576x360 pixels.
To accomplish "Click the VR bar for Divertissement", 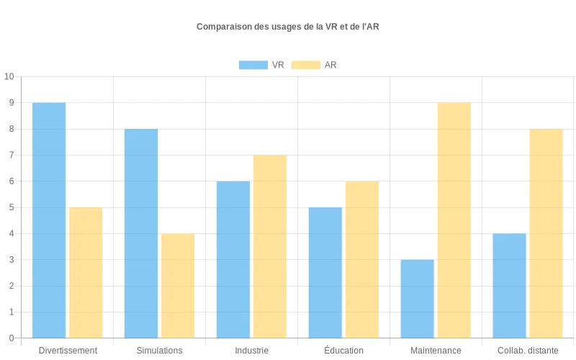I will point(49,220).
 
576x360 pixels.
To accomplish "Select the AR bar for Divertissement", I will point(86,273).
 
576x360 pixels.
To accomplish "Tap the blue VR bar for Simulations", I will point(141,233).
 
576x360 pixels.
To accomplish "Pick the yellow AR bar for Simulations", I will point(178,286).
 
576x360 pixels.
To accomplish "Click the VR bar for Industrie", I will point(233,259).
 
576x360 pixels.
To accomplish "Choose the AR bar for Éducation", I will point(362,259).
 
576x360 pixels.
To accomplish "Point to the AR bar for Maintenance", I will point(454,220).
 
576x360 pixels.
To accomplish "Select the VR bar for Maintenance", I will point(418,299).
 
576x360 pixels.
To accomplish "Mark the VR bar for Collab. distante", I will point(510,286).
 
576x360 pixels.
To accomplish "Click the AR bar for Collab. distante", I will point(546,233).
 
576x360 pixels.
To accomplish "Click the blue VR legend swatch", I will point(253,65).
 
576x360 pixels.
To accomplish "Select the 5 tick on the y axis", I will point(11,207).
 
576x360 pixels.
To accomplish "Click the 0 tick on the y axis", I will point(11,338).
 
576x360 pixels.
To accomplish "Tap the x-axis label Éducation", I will point(343,351).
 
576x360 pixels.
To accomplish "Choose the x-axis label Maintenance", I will point(436,351).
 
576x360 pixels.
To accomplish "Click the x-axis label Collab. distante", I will point(528,351).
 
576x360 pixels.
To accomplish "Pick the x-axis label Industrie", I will point(251,351).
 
